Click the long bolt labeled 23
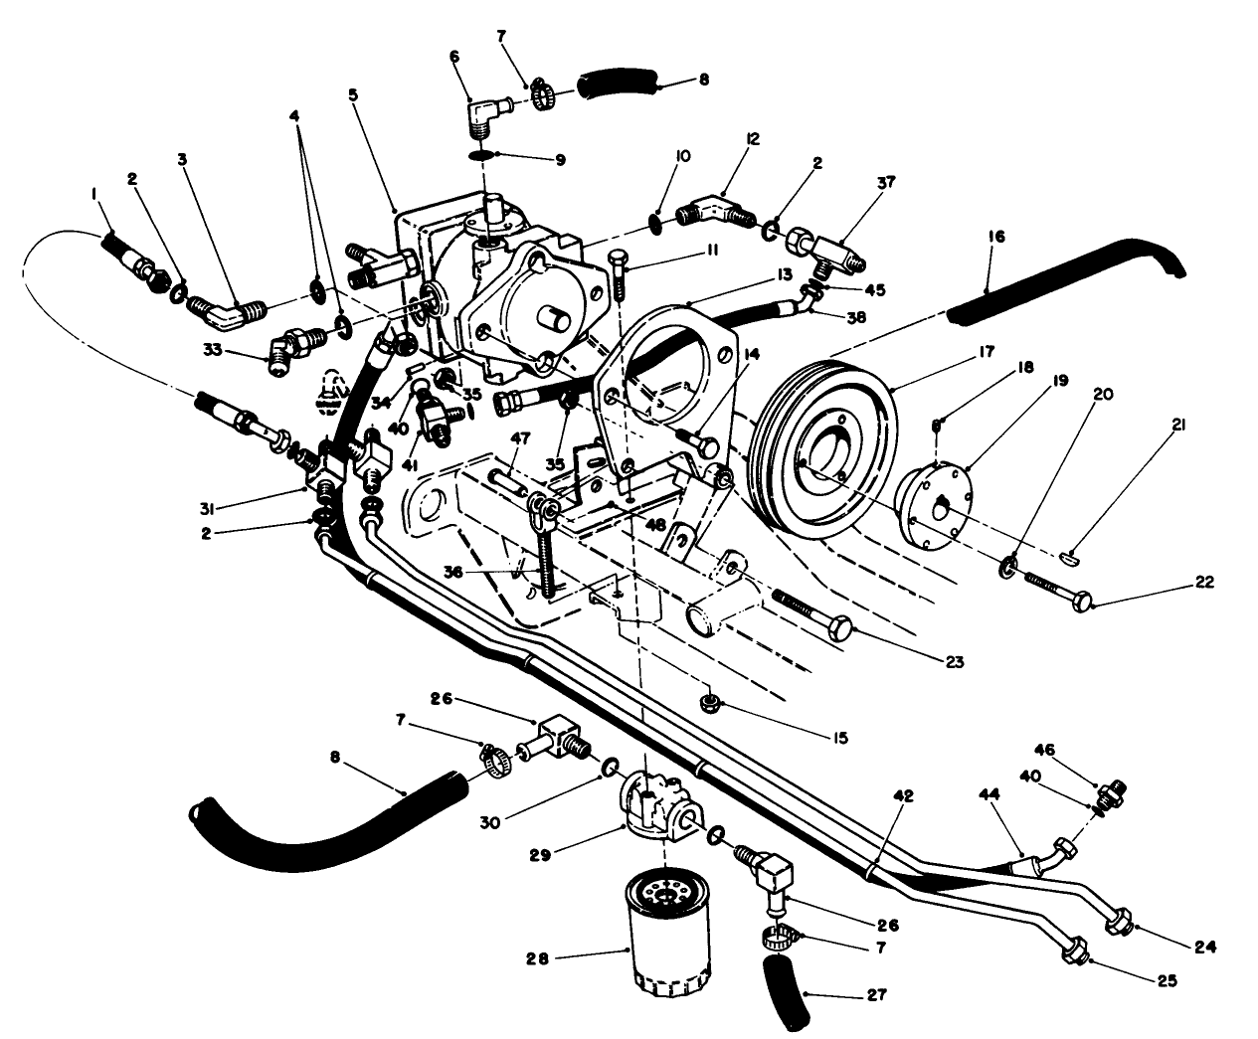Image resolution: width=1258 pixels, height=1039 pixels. coord(810,615)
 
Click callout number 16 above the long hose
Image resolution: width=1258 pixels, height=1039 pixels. coord(996,237)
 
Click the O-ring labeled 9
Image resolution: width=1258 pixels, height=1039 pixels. coord(480,156)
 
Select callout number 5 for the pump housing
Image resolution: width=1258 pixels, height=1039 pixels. coord(352,95)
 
